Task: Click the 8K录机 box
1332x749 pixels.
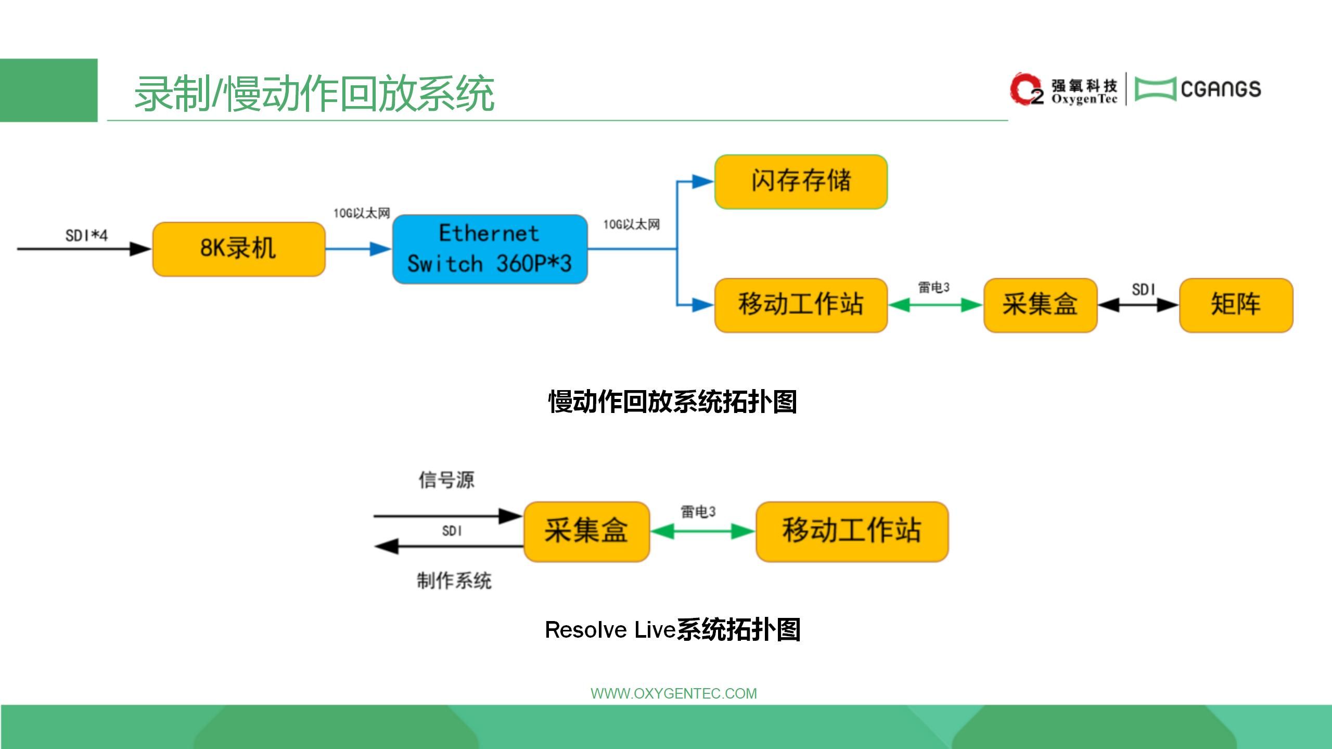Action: coord(238,249)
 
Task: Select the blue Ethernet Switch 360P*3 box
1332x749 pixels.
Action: coord(490,249)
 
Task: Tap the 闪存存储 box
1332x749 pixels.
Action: coord(801,182)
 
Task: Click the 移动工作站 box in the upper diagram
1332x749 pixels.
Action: coord(801,305)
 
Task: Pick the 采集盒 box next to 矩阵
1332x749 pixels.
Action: coord(1040,305)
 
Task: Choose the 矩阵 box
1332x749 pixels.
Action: coord(1236,305)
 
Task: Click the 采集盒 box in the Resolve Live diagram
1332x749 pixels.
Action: coord(586,531)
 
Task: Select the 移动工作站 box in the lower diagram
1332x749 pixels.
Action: coord(852,531)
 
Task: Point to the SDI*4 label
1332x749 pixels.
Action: coord(86,236)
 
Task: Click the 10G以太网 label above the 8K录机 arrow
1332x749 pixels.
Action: coord(362,213)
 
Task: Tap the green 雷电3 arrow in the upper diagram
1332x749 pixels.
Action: coord(935,305)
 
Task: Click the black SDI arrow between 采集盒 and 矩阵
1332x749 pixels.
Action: coord(1138,305)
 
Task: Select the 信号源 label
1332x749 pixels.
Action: coord(446,480)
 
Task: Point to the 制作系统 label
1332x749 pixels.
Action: coord(454,580)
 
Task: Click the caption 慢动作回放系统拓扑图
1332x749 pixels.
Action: coord(672,402)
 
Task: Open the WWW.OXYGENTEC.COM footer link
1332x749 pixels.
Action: coord(673,693)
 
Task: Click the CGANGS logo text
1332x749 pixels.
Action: coord(1221,89)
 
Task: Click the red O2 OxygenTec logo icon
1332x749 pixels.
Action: coord(1026,89)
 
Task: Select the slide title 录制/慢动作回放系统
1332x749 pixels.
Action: coord(314,94)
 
